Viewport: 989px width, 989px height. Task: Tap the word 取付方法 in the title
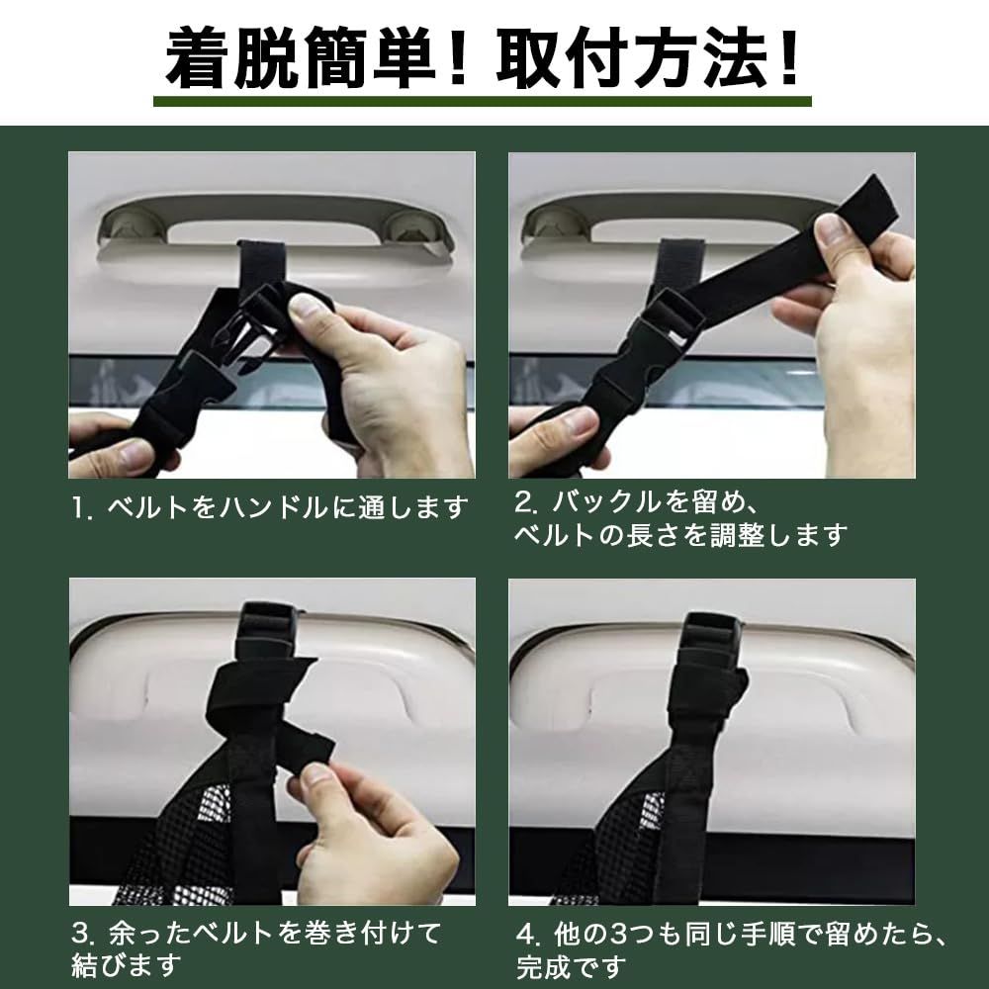[633, 57]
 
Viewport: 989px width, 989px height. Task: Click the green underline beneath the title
[483, 101]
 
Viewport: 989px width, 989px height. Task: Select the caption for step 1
[270, 507]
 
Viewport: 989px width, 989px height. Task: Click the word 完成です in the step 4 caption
[572, 967]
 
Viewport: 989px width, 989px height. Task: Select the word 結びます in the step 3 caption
[127, 965]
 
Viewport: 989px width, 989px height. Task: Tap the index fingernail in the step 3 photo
[314, 774]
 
